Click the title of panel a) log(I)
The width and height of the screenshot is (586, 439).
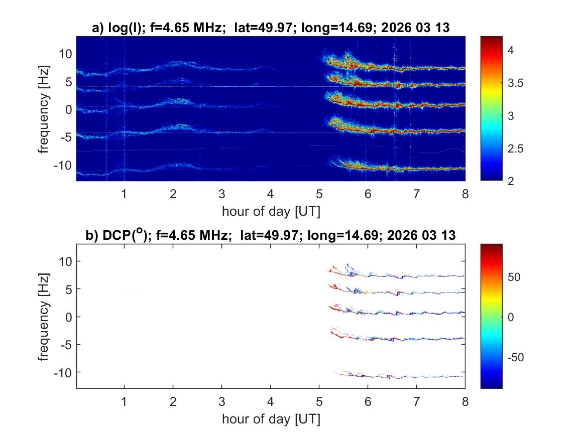coord(271,29)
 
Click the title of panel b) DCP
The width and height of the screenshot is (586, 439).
coord(271,235)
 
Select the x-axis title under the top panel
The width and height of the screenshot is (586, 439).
coord(271,211)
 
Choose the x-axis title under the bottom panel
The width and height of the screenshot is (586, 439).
coord(271,418)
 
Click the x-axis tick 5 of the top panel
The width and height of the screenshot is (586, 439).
coord(319,194)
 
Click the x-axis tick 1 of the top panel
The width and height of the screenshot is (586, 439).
coord(125,194)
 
